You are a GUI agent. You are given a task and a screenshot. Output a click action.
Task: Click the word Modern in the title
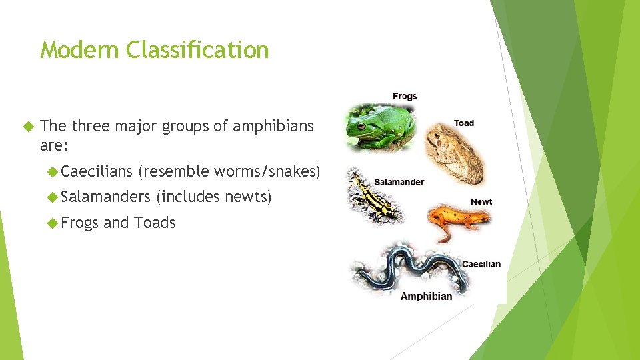click(79, 50)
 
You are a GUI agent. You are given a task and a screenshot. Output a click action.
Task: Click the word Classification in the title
click(197, 50)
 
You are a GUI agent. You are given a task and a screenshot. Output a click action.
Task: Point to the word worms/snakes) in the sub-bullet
click(267, 171)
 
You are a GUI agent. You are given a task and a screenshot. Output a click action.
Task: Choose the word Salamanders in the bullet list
click(106, 197)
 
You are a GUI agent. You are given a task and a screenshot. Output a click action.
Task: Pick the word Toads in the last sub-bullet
click(155, 222)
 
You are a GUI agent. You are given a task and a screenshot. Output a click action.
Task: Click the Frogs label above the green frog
click(405, 96)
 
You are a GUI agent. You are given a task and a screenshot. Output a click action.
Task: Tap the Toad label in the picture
click(464, 123)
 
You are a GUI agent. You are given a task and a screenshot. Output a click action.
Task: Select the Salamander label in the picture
click(399, 181)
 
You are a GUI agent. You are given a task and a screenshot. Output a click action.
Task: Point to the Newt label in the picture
click(481, 201)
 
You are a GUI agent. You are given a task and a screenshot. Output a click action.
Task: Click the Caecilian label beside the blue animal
click(481, 264)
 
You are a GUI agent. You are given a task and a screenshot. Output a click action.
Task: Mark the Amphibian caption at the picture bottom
click(426, 296)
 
